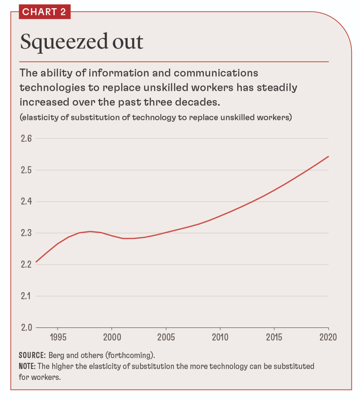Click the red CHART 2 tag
tap(44, 12)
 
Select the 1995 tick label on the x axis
tap(58, 337)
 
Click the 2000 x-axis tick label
tap(112, 337)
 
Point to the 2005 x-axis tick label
tap(166, 337)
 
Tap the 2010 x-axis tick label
tap(220, 337)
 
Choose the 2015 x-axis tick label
tap(275, 337)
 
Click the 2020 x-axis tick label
tap(328, 337)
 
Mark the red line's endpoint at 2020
tap(329, 156)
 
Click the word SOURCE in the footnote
tap(31, 355)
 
